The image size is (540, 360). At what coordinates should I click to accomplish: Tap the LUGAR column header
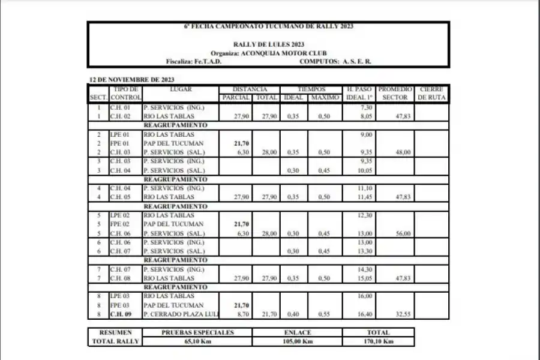pyautogui.click(x=181, y=89)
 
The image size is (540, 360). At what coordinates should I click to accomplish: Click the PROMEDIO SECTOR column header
pyautogui.click(x=395, y=93)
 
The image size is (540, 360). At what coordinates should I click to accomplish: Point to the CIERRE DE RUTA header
pyautogui.click(x=431, y=93)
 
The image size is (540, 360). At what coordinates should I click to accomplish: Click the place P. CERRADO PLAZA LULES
pyautogui.click(x=180, y=314)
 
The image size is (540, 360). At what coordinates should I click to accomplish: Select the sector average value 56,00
pyautogui.click(x=403, y=233)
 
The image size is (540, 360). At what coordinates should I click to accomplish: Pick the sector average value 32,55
pyautogui.click(x=403, y=314)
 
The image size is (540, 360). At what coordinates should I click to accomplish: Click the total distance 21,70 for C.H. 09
pyautogui.click(x=269, y=314)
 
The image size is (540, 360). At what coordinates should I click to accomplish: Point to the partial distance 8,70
pyautogui.click(x=242, y=314)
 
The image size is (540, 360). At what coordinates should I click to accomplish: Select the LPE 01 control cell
pyautogui.click(x=120, y=135)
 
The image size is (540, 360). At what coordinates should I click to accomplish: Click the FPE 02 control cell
pyautogui.click(x=120, y=224)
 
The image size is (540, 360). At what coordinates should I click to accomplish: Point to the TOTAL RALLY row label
pyautogui.click(x=115, y=341)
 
